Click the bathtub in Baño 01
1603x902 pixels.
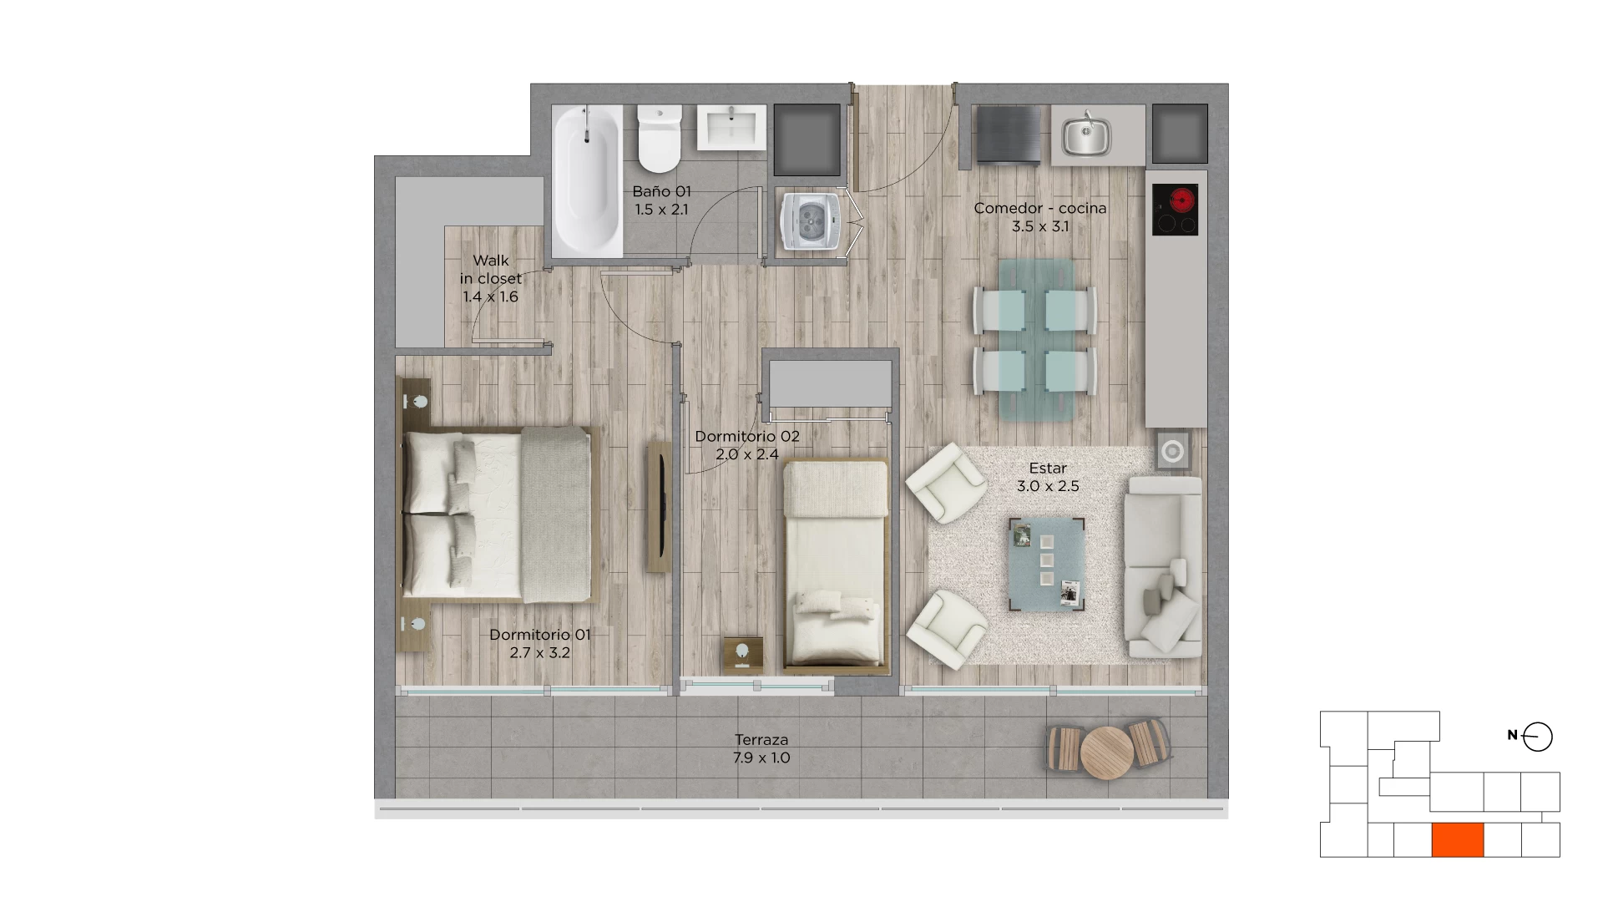click(587, 180)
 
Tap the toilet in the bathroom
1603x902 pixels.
click(660, 138)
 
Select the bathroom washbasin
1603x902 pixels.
click(731, 128)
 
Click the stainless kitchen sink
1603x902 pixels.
click(1086, 135)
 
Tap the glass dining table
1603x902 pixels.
click(1035, 338)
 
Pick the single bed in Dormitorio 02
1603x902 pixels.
click(836, 567)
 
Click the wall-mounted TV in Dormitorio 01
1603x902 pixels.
click(660, 507)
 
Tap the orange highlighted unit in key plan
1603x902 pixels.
click(1458, 840)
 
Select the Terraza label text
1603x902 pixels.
click(761, 740)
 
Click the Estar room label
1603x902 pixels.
click(1048, 468)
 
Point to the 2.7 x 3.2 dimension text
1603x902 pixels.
click(540, 652)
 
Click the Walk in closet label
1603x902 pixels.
click(491, 270)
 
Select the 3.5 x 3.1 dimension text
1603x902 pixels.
click(1040, 226)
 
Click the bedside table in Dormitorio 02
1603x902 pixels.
click(742, 654)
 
